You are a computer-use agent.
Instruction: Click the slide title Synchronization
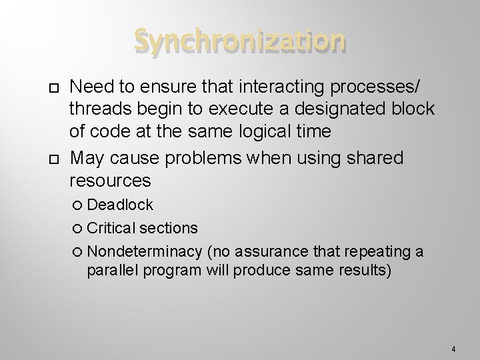pos(240,41)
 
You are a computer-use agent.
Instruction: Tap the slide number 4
pos(453,349)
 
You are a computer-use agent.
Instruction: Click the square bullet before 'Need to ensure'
pos(54,88)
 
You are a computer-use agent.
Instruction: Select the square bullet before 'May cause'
pos(54,159)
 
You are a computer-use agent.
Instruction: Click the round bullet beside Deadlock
pos(77,205)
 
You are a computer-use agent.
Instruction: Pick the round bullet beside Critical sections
pos(77,228)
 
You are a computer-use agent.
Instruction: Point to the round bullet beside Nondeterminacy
pos(77,251)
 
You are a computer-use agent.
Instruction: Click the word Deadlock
pos(120,205)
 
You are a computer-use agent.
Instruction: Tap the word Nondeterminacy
pos(145,251)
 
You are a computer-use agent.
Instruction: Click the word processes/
pos(374,87)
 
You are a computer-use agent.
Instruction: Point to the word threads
pos(101,109)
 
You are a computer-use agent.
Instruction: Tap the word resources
pos(110,181)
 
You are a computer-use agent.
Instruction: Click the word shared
pos(375,158)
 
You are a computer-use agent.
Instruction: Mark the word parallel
pos(112,271)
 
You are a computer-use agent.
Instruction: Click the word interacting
pos(281,87)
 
